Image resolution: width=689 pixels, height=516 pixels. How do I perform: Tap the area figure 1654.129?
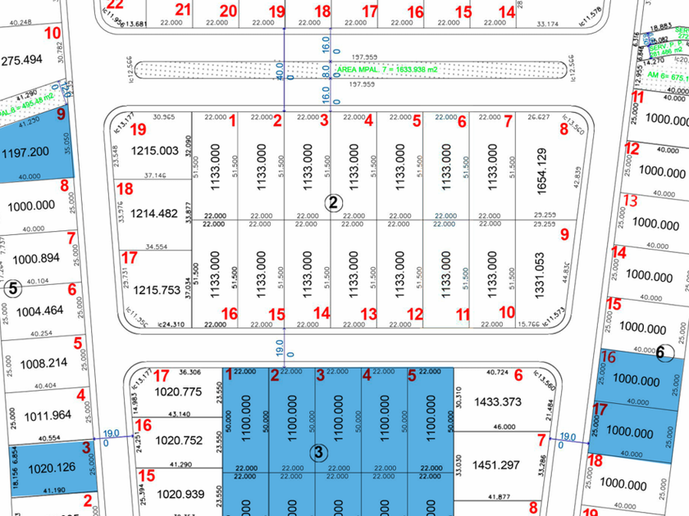click(541, 170)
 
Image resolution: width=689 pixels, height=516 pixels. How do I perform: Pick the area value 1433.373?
click(499, 401)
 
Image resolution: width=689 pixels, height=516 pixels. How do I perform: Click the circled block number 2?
click(333, 202)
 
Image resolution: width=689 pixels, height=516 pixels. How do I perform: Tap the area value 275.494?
click(22, 61)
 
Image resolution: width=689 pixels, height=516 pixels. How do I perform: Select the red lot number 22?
click(115, 5)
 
